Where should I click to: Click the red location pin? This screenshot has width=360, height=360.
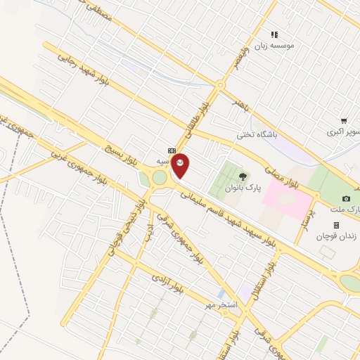click(x=181, y=165)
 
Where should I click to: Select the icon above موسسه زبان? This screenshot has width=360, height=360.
click(x=275, y=34)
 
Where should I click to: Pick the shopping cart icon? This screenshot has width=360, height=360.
click(x=343, y=121)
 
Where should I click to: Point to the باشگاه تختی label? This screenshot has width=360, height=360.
click(x=257, y=134)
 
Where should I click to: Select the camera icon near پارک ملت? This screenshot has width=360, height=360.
click(x=346, y=198)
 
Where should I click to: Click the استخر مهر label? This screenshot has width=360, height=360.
click(x=222, y=304)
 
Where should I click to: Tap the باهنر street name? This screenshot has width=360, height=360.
click(x=241, y=105)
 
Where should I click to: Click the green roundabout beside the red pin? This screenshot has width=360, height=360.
click(x=160, y=178)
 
